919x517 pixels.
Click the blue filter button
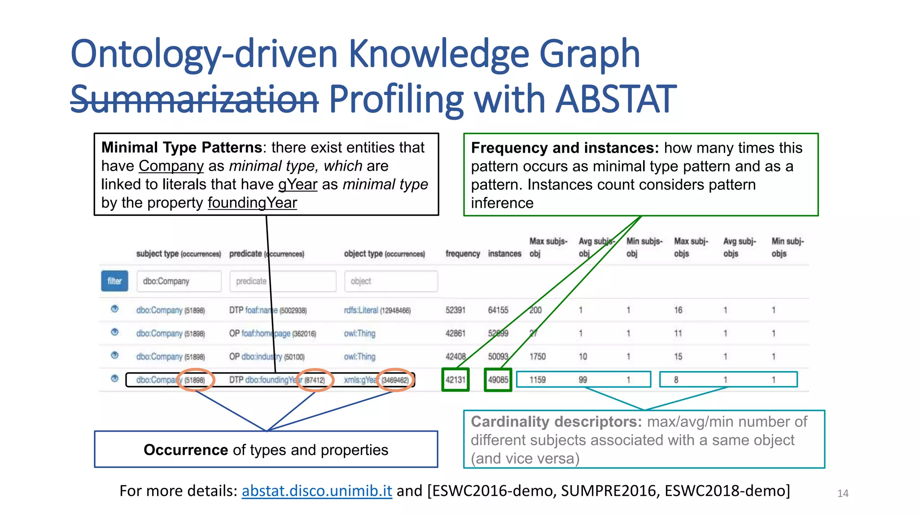click(114, 281)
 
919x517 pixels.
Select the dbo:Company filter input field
click(179, 281)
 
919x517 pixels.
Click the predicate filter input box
click(283, 281)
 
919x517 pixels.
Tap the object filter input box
click(391, 281)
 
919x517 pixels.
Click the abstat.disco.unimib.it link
click(317, 491)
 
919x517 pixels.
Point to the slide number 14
click(843, 494)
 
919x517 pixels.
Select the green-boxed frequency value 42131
click(455, 380)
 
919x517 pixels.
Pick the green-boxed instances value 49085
click(498, 380)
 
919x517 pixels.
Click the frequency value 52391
click(455, 310)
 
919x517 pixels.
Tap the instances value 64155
click(498, 310)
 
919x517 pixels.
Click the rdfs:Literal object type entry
click(361, 310)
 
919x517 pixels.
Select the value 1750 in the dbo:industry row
click(538, 357)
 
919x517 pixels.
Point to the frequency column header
click(463, 254)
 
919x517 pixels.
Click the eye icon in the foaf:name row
click(115, 309)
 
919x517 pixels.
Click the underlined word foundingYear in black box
click(252, 203)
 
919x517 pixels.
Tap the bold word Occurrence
click(186, 450)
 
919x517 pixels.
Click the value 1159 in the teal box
click(538, 380)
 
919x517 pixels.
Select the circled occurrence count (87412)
click(315, 380)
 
